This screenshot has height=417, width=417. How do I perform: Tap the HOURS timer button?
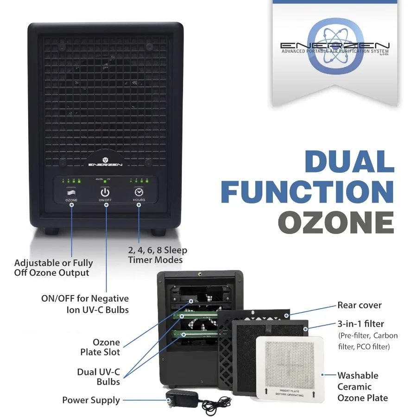139,193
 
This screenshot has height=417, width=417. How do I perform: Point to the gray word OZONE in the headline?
336,222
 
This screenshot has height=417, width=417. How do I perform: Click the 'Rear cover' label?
359,305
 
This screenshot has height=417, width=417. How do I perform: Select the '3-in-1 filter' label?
360,324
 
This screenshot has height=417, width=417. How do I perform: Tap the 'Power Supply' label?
91,400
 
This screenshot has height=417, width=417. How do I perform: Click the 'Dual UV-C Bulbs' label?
98,377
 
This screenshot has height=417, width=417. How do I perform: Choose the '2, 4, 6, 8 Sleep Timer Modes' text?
158,255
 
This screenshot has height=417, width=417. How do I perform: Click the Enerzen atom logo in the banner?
335,46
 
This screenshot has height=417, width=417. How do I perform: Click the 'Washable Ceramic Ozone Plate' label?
362,386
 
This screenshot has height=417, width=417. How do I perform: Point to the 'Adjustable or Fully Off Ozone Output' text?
53,267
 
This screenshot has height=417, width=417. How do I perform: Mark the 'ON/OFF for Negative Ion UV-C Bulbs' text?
85,303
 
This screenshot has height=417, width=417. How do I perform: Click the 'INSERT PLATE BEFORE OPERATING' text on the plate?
290,393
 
